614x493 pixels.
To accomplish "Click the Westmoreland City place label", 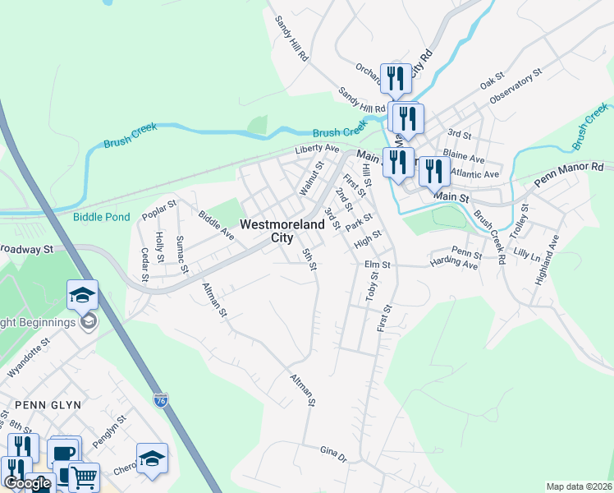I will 266,230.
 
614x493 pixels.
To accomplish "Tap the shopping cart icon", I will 83,477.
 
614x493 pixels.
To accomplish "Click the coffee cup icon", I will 63,453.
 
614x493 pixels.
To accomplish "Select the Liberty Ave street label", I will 317,149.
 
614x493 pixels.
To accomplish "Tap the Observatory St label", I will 516,86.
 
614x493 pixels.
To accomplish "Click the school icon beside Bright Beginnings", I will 83,295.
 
